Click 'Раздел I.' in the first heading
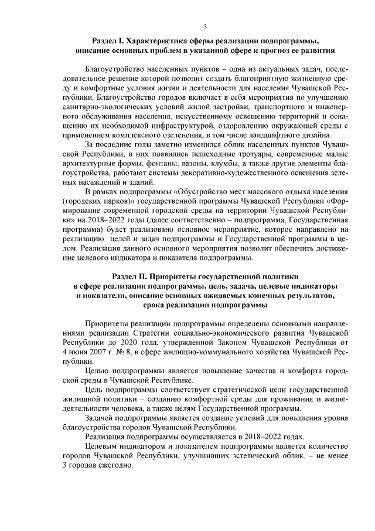[x=110, y=40]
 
